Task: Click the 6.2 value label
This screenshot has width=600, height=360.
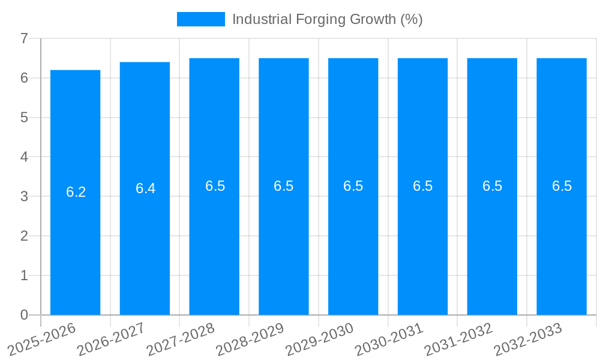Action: coord(76,192)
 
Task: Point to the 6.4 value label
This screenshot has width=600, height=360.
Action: coord(145,188)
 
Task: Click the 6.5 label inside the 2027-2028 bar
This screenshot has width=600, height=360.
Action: coord(215,186)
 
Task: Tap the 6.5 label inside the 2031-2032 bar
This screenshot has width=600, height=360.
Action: coord(492,186)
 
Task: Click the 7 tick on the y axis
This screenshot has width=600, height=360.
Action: coord(24,38)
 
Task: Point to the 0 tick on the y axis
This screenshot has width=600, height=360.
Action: coord(24,315)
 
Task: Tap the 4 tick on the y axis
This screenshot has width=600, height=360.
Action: coord(24,157)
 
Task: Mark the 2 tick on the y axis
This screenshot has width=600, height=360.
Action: coord(24,236)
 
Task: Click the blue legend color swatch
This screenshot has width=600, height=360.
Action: coord(200,19)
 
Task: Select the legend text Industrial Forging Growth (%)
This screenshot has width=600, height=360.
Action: coord(327,19)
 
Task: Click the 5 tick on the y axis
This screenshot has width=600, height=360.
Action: coord(24,118)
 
